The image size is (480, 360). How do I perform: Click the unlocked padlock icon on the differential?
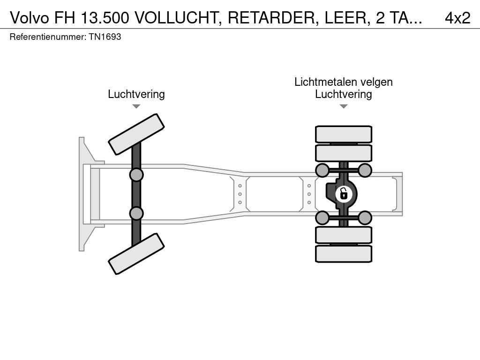coord(344,193)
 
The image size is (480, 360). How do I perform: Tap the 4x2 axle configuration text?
coord(457,18)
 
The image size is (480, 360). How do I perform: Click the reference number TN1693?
coord(105,37)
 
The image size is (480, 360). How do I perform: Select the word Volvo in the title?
coord(30,18)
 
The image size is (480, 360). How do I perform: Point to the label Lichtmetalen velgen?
coord(344,82)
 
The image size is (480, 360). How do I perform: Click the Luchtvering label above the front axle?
coord(136,94)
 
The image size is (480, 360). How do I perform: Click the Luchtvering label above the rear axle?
coord(344,94)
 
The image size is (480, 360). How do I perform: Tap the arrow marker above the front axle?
coord(136,106)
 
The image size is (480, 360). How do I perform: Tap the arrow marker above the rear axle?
coord(344,106)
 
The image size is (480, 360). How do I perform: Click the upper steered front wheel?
coord(136,134)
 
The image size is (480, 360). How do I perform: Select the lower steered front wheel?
coord(136,254)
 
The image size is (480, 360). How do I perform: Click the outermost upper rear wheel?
coord(344,134)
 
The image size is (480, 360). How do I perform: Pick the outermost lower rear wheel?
coord(344,254)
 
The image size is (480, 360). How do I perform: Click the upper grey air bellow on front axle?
coord(136,175)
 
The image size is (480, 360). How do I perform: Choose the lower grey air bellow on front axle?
coord(136,213)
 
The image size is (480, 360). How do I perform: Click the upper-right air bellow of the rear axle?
coord(365,170)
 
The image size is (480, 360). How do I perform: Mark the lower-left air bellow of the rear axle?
coord(322,217)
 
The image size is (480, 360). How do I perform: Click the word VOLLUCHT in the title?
coord(178,18)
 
